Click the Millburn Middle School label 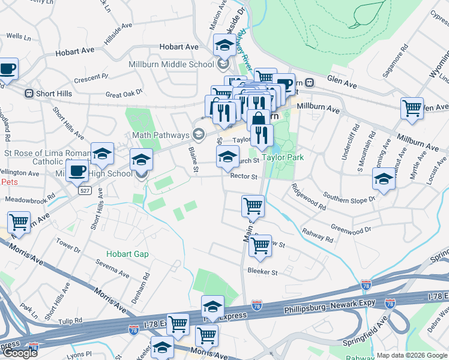pos(171,64)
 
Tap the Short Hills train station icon pos(28,94)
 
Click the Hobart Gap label pos(127,254)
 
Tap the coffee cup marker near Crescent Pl pos(7,69)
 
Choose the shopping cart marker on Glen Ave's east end pos(412,109)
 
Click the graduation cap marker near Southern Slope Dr pos(384,179)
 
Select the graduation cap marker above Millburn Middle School pos(224,45)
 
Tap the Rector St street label pos(243,177)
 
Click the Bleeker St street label pos(263,272)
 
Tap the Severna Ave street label pos(112,269)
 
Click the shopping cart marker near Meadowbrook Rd pos(19,223)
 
